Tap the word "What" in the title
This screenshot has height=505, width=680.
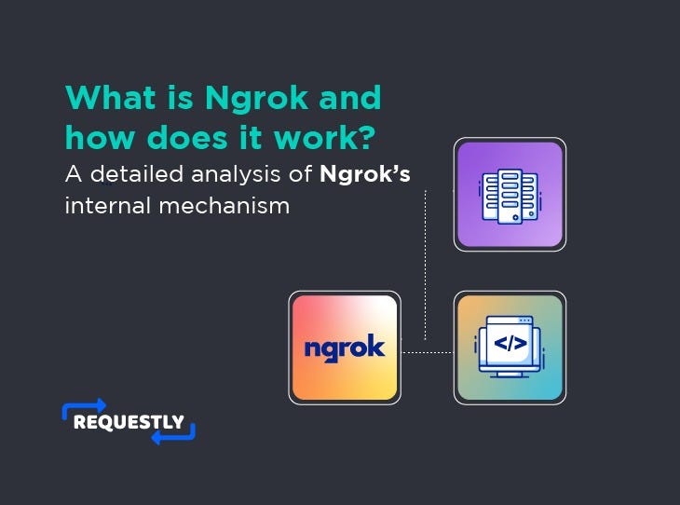point(111,97)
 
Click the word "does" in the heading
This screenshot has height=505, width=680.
point(187,137)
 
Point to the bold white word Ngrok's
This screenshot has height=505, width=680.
point(365,175)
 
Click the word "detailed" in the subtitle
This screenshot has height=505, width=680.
point(137,174)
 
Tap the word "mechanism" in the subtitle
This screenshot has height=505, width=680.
point(224,206)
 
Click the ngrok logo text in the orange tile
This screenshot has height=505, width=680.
point(345,348)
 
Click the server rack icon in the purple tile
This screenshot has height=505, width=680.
point(510,196)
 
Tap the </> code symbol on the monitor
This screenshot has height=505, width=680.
point(510,343)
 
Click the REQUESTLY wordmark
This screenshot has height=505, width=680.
point(129,422)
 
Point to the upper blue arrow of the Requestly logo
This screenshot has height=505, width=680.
point(84,406)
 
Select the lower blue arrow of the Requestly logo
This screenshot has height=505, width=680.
point(173,436)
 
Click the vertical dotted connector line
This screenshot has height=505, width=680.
point(425,265)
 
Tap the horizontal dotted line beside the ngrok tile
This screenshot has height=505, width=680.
point(428,352)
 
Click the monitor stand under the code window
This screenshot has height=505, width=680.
point(510,375)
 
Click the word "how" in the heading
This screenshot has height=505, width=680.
point(101,137)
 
